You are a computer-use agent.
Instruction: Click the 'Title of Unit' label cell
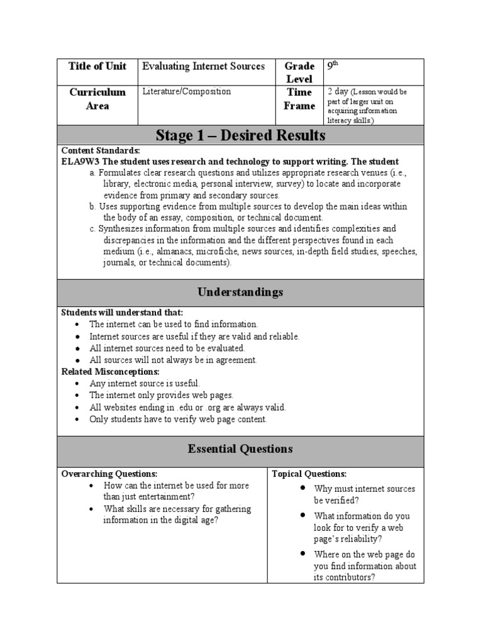[97, 66]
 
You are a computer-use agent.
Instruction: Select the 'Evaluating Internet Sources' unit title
[204, 66]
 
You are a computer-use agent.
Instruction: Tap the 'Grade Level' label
[299, 72]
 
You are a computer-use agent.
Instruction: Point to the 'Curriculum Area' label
[97, 99]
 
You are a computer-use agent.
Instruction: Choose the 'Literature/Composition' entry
[187, 92]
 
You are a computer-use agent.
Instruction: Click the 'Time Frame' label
[299, 99]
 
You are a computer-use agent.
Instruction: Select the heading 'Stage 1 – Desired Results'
[241, 135]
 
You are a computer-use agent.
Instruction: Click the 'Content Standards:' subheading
[101, 151]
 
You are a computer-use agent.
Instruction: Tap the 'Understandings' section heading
[241, 292]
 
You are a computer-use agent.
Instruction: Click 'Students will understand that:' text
[122, 313]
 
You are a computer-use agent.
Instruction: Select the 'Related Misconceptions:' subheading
[110, 372]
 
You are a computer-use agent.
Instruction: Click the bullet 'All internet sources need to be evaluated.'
[167, 348]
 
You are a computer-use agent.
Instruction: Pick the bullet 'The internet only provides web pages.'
[161, 395]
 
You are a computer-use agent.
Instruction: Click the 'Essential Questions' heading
[241, 449]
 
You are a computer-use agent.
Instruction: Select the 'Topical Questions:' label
[309, 474]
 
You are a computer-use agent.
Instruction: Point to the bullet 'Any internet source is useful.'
[145, 383]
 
